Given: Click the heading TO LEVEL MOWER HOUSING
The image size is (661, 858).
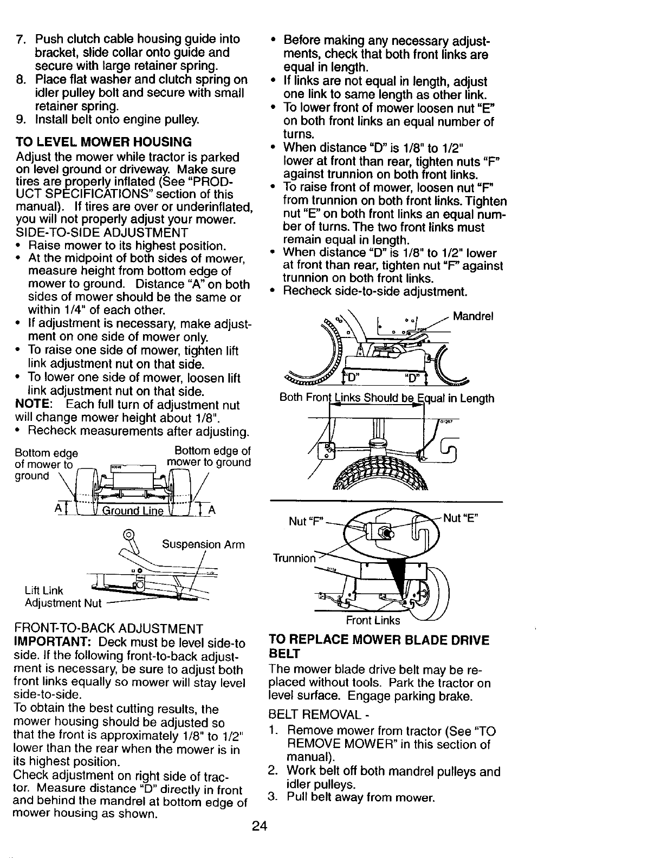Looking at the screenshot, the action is pyautogui.click(x=104, y=142).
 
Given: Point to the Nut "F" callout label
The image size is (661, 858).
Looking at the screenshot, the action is pyautogui.click(x=306, y=521).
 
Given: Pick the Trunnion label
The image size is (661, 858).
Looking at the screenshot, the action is pyautogui.click(x=293, y=558).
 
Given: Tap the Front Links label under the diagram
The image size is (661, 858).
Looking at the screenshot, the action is pyautogui.click(x=373, y=620).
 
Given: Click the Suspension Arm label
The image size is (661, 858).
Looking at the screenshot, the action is pyautogui.click(x=203, y=544).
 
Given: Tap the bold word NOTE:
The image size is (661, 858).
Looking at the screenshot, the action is pyautogui.click(x=34, y=405).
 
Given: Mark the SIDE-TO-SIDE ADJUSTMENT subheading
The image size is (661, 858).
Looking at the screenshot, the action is pyautogui.click(x=102, y=233).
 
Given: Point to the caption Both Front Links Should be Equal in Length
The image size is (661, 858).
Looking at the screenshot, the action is pyautogui.click(x=386, y=398).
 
